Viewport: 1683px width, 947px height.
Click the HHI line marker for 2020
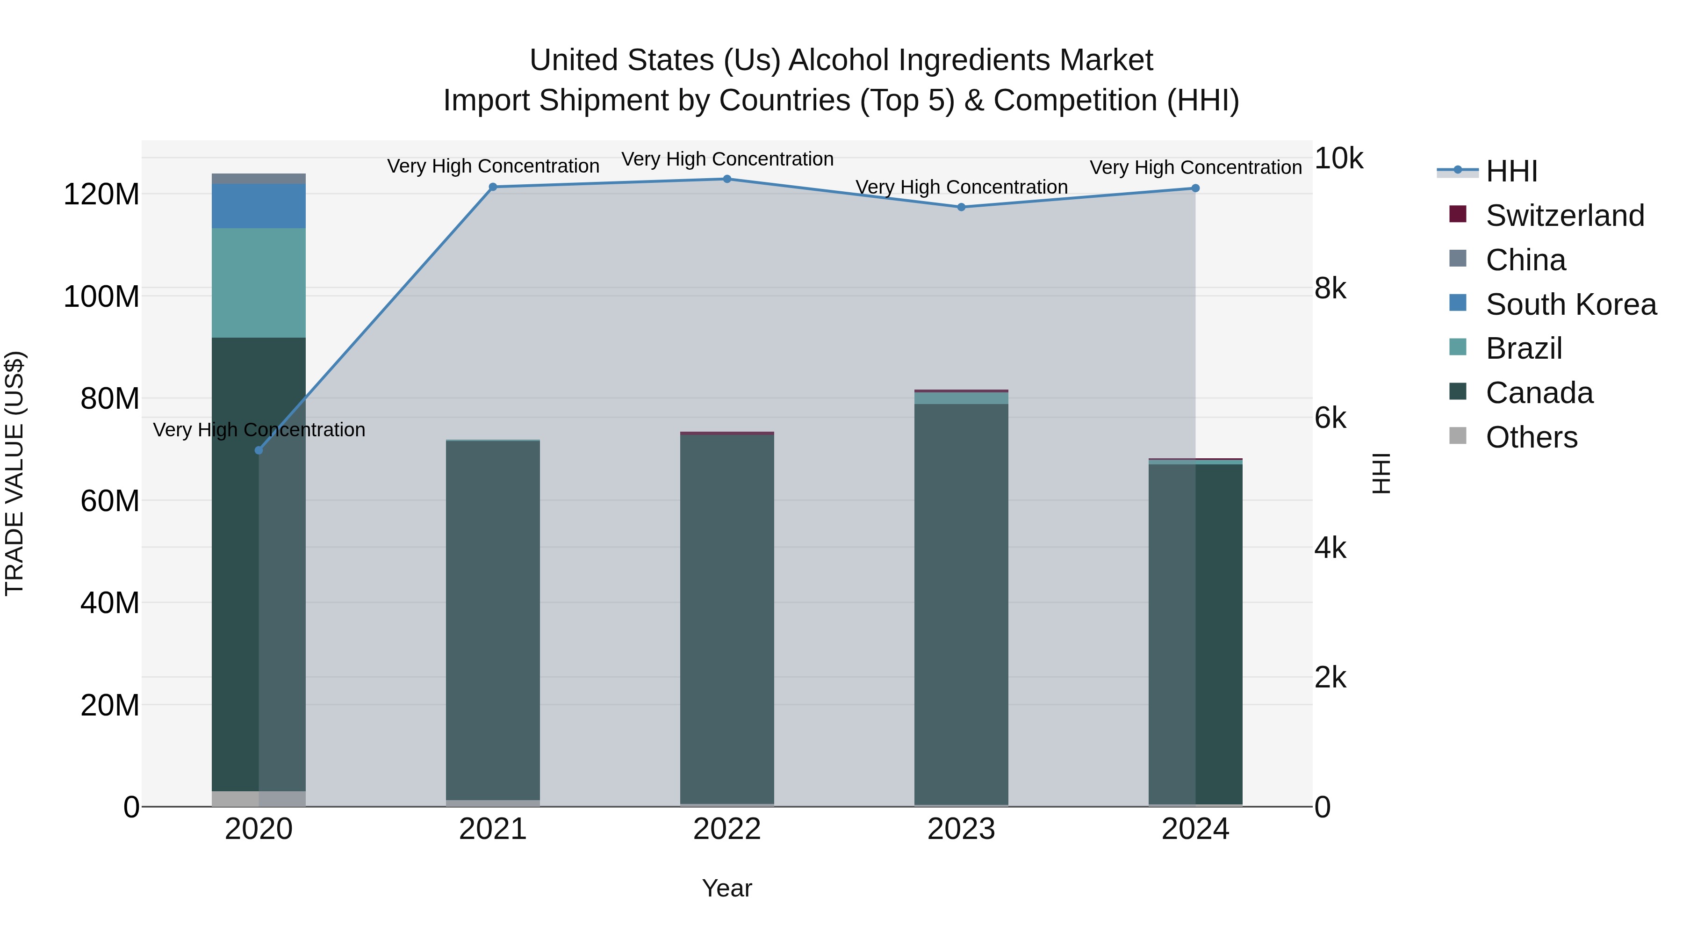(259, 450)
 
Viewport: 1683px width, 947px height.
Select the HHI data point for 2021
(493, 187)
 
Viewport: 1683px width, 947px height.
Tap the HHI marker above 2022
(727, 179)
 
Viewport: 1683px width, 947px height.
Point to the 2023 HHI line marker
(961, 207)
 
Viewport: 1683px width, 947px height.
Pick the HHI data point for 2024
(1195, 188)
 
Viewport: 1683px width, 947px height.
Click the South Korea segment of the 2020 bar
(259, 206)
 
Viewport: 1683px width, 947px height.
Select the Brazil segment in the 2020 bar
(259, 283)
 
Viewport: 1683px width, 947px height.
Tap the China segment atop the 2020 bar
(259, 179)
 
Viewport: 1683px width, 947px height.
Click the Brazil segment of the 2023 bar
(961, 398)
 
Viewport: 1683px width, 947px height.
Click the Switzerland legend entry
(1564, 216)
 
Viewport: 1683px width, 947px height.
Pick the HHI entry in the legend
(1511, 171)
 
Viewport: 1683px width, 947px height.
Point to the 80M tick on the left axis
(110, 398)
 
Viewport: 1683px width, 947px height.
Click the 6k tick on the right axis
(1330, 418)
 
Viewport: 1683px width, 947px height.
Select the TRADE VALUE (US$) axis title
(14, 473)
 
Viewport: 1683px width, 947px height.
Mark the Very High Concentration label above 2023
(961, 188)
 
